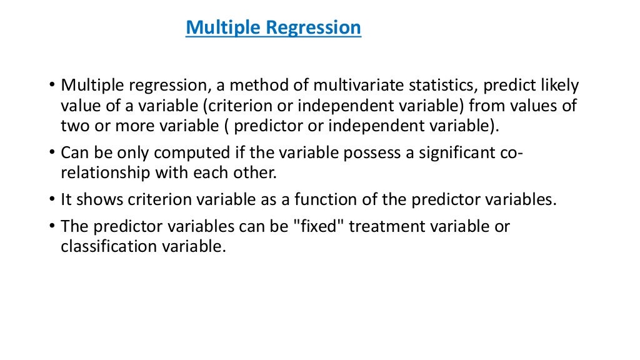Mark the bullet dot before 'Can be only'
coord(52,154)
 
